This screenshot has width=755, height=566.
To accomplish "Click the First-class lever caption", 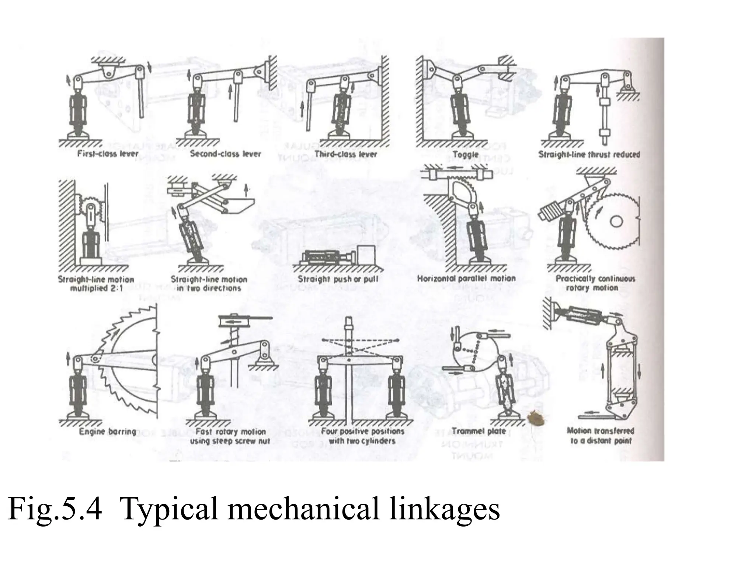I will coord(108,154).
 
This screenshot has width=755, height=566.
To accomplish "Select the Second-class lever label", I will coord(225,154).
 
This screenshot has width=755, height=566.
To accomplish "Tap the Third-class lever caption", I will coord(345,154).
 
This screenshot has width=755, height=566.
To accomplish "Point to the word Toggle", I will coord(465,155).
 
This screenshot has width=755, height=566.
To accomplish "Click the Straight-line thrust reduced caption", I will coord(589,154).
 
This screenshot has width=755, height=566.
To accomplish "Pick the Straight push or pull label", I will coord(338,279).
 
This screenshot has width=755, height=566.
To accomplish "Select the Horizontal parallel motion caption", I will coord(466,279).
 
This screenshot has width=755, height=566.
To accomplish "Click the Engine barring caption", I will coord(108,432).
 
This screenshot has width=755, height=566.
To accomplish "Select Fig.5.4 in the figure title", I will coord(54,509).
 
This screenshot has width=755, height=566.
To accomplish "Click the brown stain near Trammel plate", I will coord(533,417).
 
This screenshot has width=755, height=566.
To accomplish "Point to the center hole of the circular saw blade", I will coord(616,221).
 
